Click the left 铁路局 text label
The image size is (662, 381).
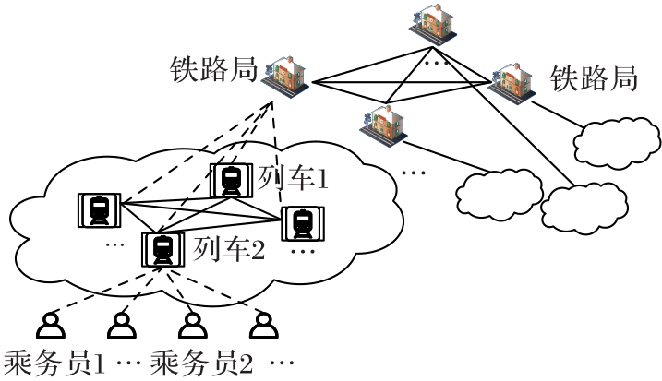(x=212, y=70)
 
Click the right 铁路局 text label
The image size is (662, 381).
(x=594, y=77)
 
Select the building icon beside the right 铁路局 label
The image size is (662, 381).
(x=512, y=80)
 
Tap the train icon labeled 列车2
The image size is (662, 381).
(x=162, y=249)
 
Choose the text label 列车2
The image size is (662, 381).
(x=229, y=248)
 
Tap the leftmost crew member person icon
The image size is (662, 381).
(x=52, y=324)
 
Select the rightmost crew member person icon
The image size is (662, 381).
(x=263, y=324)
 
